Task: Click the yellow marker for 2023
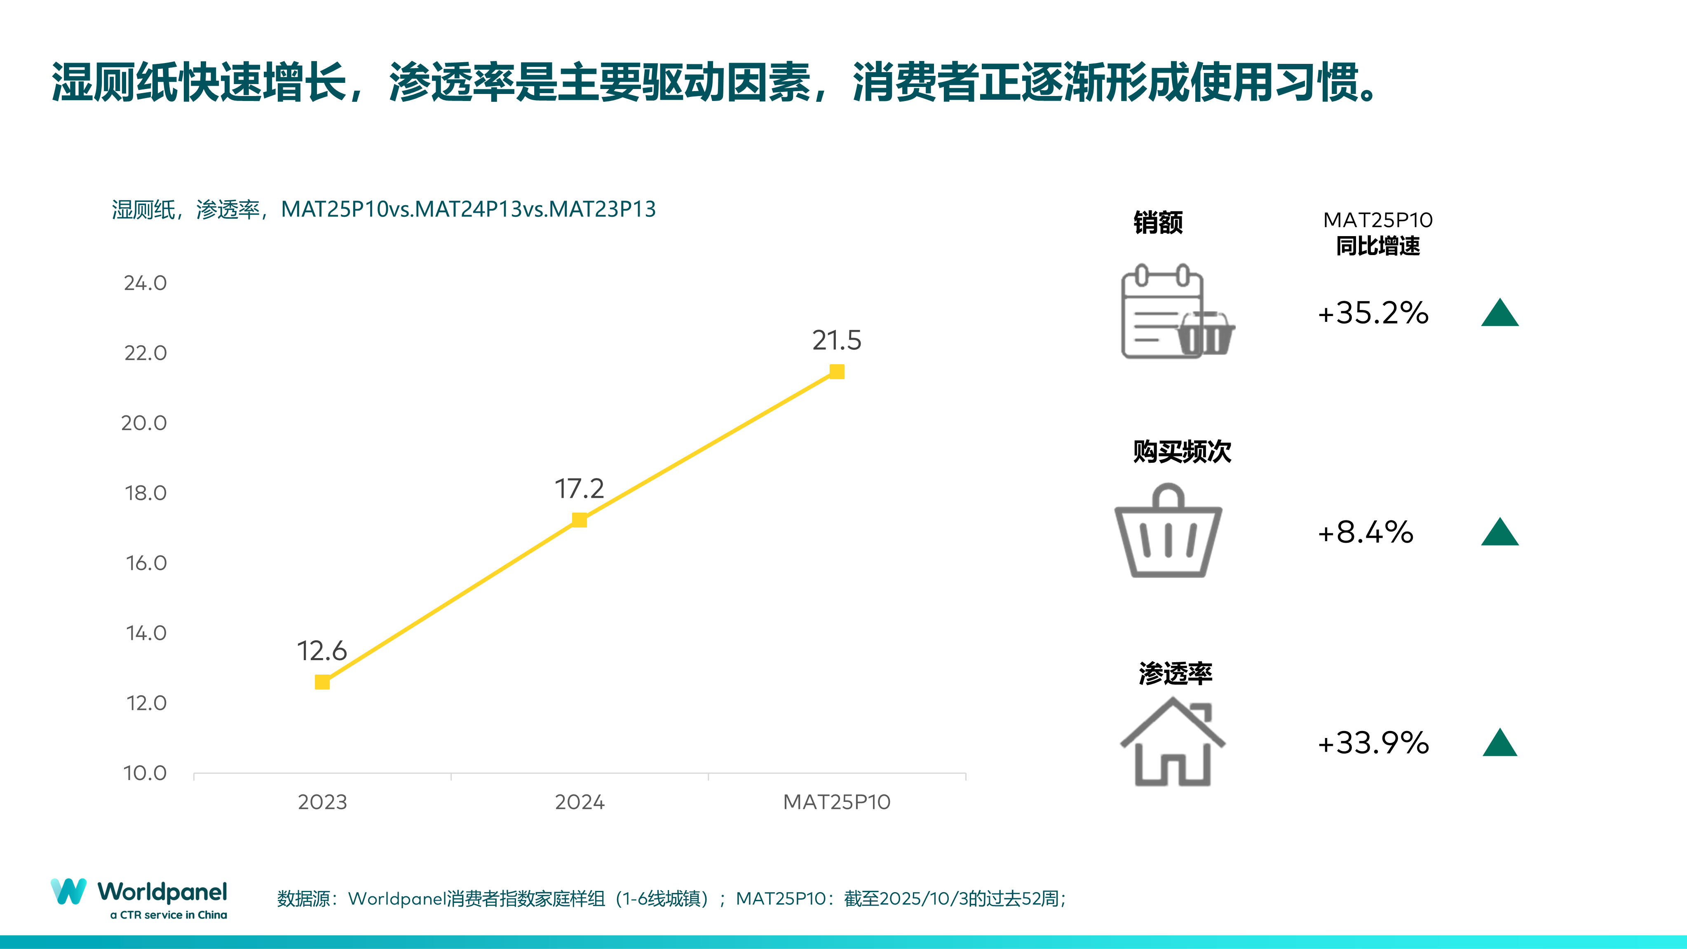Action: coord(322,682)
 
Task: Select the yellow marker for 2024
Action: coord(580,520)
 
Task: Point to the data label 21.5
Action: coord(837,340)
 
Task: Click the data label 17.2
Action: coord(580,489)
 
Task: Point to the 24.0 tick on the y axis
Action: coord(145,283)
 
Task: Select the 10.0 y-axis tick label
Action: coord(145,773)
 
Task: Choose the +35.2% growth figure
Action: coord(1373,313)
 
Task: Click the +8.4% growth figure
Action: coord(1366,532)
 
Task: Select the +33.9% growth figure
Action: coord(1373,743)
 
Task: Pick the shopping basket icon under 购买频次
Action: coord(1168,532)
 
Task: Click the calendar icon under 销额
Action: coord(1162,312)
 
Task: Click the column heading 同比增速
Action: coord(1378,246)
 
